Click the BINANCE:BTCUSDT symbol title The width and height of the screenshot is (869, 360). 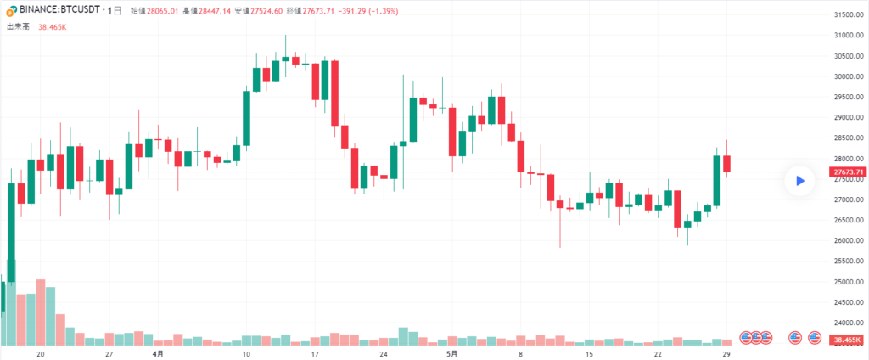(53, 10)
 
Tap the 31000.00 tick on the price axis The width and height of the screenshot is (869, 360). (847, 36)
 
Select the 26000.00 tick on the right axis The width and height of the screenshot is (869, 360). (847, 241)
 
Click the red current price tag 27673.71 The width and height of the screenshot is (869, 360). (847, 172)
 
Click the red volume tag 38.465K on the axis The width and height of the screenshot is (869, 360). (847, 340)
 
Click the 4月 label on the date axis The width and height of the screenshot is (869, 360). (158, 353)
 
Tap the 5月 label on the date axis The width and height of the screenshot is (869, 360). (452, 353)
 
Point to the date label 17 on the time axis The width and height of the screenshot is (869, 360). (315, 353)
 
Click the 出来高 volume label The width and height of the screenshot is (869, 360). (19, 26)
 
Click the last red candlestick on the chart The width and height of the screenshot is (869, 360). (727, 163)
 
